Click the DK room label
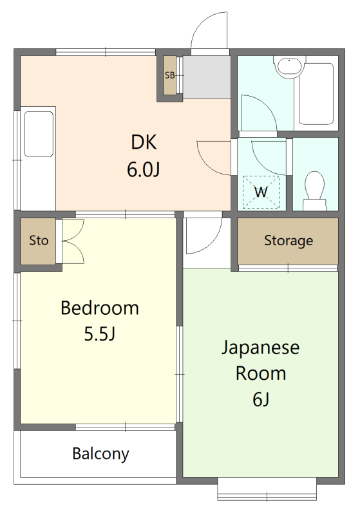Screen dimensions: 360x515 pyautogui.click(x=144, y=142)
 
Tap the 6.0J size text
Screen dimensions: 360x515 pyautogui.click(x=144, y=170)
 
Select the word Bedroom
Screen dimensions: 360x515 pyautogui.click(x=100, y=308)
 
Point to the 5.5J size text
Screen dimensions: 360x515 pyautogui.click(x=100, y=334)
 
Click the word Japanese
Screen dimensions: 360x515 pyautogui.click(x=260, y=348)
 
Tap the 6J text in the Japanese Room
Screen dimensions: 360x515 pyautogui.click(x=261, y=399)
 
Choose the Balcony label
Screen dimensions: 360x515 pyautogui.click(x=101, y=454)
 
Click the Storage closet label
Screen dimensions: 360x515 pyautogui.click(x=289, y=240)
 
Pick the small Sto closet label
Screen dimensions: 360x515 pyautogui.click(x=39, y=240)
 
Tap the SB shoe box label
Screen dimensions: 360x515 pyautogui.click(x=170, y=75)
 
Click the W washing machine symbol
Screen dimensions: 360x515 pyautogui.click(x=261, y=192)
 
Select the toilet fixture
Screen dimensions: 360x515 pyautogui.click(x=315, y=191)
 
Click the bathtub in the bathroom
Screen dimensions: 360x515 pyautogui.click(x=316, y=93)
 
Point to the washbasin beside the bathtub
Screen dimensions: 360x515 pyautogui.click(x=289, y=67)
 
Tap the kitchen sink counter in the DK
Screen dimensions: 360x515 pyautogui.click(x=38, y=158)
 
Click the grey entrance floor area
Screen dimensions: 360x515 pyautogui.click(x=207, y=77)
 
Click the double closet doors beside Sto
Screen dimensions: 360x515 pyautogui.click(x=73, y=241)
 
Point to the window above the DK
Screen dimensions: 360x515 pyautogui.click(x=106, y=52)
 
